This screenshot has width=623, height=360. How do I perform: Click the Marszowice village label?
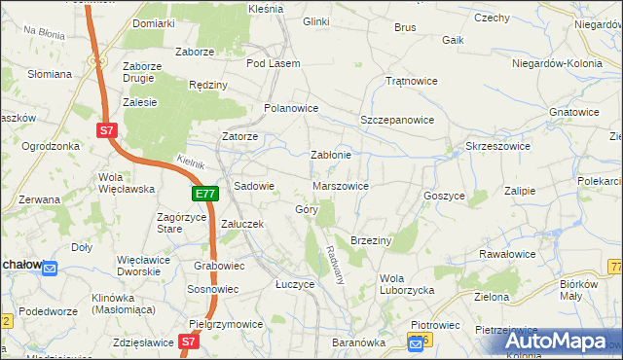(x=341, y=185)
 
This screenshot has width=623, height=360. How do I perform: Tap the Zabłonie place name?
(x=330, y=154)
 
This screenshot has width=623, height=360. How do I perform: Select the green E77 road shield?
(x=203, y=195)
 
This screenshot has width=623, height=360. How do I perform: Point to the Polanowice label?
(x=292, y=108)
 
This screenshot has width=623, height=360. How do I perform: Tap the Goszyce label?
(x=444, y=195)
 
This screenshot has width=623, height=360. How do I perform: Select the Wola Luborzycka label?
(x=406, y=283)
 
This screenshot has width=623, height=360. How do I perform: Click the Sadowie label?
(x=255, y=185)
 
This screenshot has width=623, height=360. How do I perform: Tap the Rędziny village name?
(x=207, y=85)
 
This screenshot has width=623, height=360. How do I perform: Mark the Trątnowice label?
(x=409, y=81)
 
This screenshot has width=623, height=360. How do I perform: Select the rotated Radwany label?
(x=337, y=263)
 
